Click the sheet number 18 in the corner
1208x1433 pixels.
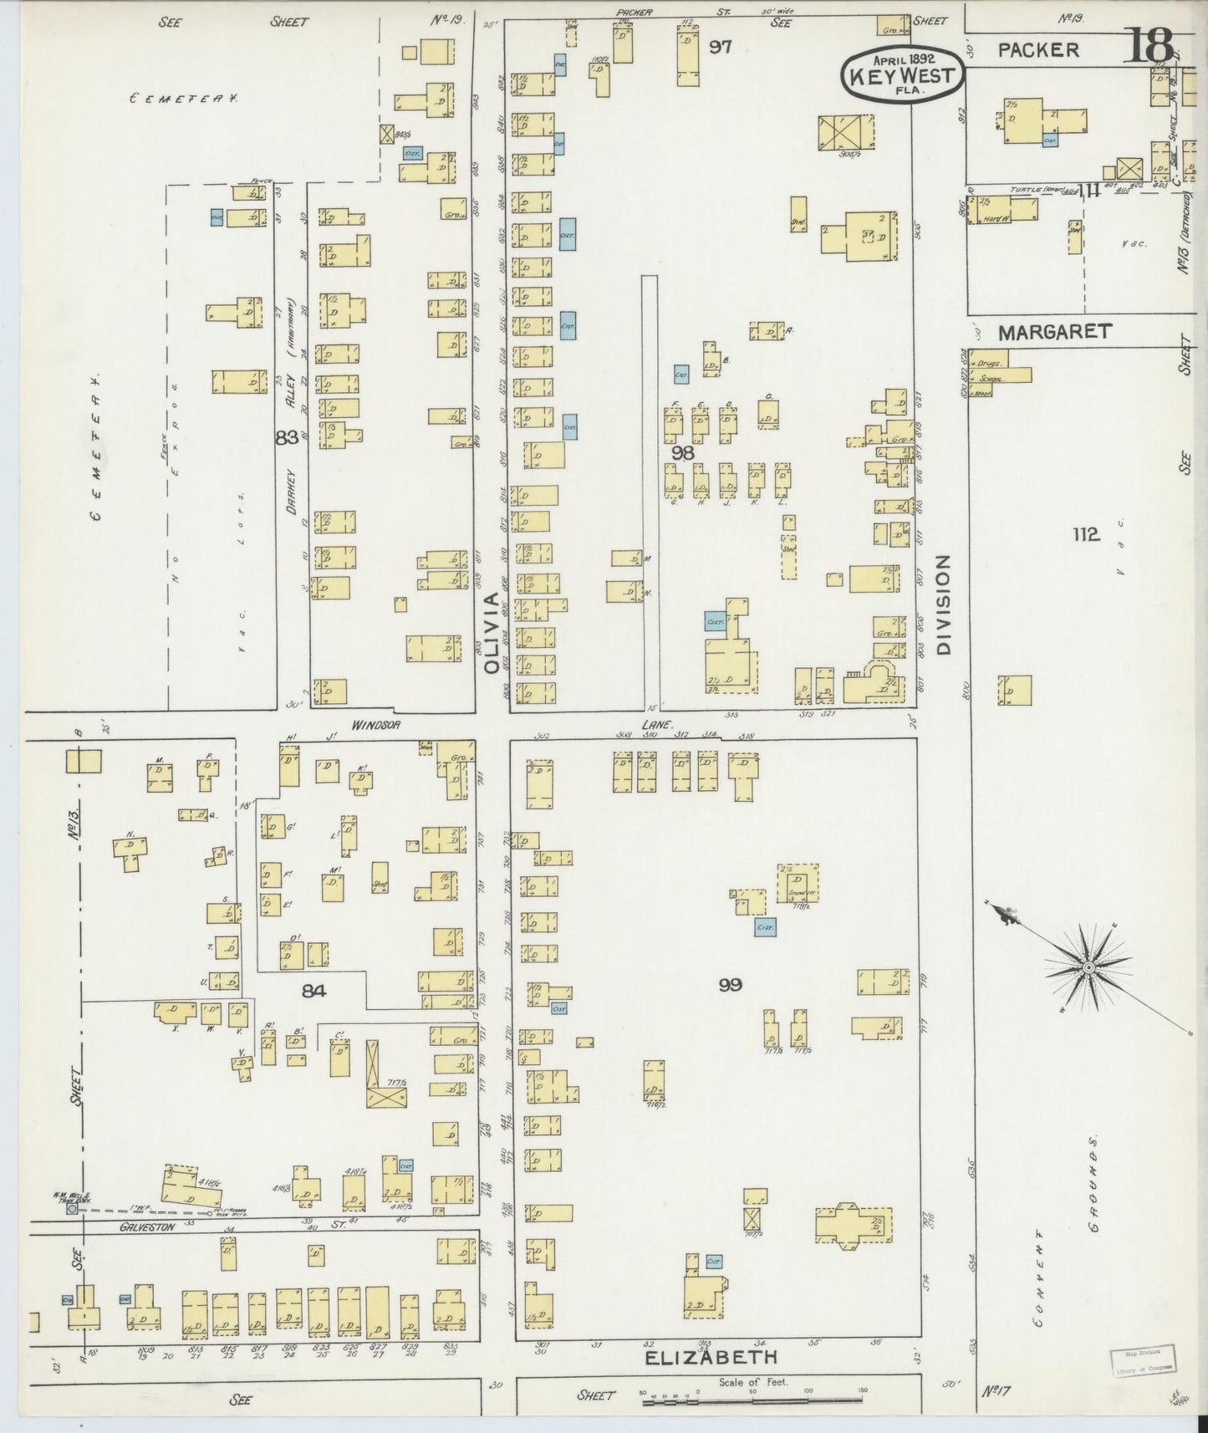pos(1152,46)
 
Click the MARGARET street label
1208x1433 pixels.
pos(1054,332)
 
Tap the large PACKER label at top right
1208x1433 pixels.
pos(1038,49)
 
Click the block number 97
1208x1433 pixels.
pos(720,47)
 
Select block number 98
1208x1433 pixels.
pos(682,452)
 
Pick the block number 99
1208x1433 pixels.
pos(731,985)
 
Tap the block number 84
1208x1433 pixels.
pos(313,991)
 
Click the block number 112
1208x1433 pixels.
pos(1086,534)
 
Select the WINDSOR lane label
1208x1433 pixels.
pos(375,725)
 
